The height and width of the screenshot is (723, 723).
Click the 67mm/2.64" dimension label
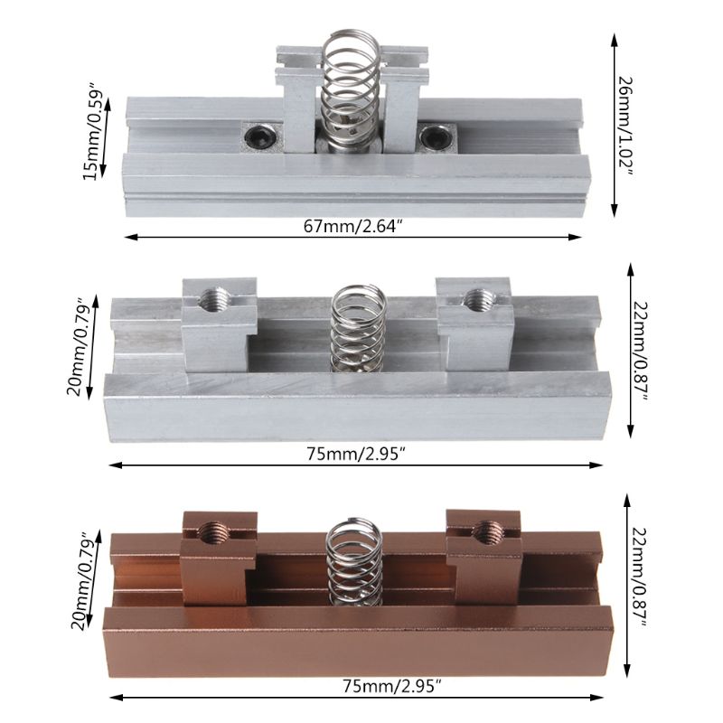pos(353,226)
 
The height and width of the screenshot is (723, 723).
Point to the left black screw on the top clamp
pos(258,136)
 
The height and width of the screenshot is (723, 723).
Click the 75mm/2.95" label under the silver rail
pos(353,454)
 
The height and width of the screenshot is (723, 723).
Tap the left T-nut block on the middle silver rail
pos(220,327)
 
